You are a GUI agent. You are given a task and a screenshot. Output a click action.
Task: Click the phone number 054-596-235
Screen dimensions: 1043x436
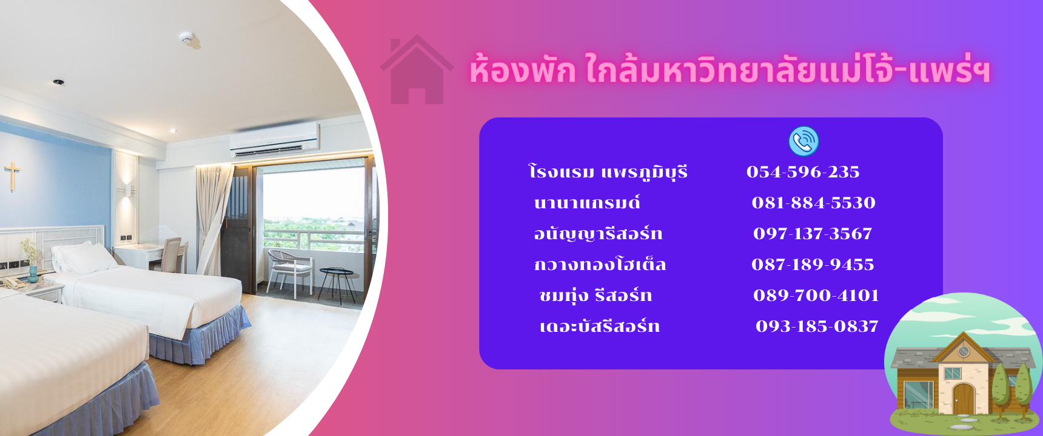point(803,172)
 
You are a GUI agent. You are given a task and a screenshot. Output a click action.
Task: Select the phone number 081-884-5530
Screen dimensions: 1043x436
point(814,203)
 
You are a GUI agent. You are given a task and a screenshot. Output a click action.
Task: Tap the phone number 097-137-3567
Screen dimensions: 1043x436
point(813,234)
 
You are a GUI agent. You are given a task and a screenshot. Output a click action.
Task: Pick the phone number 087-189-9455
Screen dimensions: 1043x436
point(813,265)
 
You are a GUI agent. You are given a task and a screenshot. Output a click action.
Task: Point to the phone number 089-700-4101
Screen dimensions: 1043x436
point(816,296)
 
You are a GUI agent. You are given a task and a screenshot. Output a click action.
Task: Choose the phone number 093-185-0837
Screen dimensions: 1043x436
point(817,326)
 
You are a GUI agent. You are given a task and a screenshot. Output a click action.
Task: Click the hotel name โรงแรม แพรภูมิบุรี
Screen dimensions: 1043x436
point(608,172)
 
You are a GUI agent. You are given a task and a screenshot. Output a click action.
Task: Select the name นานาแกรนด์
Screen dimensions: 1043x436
point(587,203)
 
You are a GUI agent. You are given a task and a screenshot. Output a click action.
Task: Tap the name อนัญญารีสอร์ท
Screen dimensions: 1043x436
point(598,234)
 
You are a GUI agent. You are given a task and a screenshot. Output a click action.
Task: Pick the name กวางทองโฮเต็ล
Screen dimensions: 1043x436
point(600,264)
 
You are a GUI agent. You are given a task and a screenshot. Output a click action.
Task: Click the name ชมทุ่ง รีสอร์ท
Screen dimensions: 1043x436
point(595,296)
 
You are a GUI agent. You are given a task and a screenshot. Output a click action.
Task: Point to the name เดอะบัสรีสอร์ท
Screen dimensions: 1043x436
point(599,326)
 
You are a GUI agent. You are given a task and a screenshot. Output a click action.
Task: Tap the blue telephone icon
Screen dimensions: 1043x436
point(803,141)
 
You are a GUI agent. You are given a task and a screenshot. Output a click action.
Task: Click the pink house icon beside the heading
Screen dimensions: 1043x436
point(417,70)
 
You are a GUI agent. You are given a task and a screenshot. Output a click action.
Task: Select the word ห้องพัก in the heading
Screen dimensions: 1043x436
point(522,70)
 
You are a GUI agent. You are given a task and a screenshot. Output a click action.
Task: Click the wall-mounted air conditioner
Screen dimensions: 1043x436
point(274,139)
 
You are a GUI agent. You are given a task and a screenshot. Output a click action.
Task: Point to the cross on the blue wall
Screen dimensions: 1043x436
point(12,176)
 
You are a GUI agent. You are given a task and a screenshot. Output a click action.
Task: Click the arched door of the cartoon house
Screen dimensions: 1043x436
point(962,400)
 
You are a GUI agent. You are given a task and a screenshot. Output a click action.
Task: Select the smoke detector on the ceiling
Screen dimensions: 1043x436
point(186,38)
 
